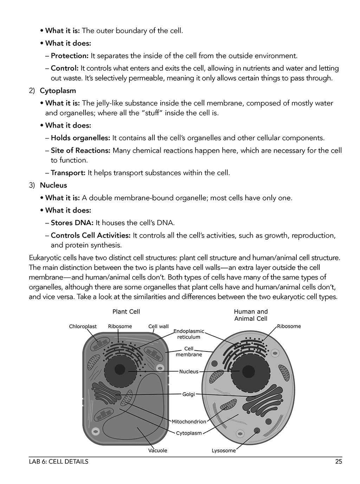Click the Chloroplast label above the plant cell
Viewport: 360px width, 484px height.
(83, 326)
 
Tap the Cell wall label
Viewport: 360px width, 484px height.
(158, 326)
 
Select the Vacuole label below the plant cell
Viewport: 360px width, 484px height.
(157, 451)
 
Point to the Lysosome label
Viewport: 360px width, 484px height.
(224, 451)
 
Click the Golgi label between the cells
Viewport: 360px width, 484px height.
(188, 394)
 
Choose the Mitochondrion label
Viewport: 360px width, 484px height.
(189, 421)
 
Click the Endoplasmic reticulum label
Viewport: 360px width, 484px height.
(189, 334)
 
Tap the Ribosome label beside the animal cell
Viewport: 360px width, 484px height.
(289, 326)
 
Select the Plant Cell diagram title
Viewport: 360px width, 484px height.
(126, 311)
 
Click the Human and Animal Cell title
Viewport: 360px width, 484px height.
(251, 315)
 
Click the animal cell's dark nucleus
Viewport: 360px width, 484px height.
(248, 371)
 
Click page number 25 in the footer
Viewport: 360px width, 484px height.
(338, 462)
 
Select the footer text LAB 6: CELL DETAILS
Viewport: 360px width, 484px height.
(59, 462)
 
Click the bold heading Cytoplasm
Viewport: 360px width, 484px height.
(58, 91)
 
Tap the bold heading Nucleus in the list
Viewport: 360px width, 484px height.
(53, 185)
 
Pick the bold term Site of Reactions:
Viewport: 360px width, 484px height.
(81, 151)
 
